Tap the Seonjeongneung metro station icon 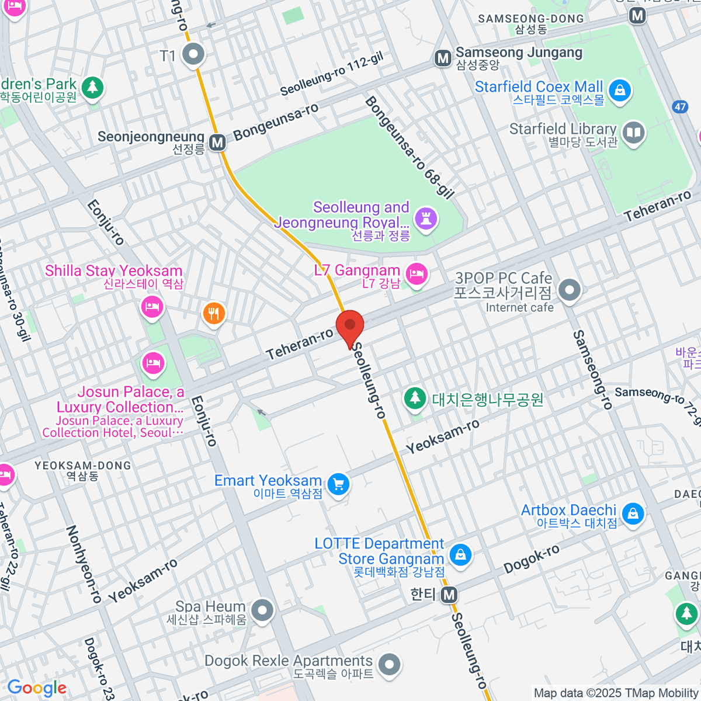pyautogui.click(x=218, y=143)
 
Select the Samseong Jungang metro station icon pyautogui.click(x=443, y=58)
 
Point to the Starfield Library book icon pyautogui.click(x=633, y=133)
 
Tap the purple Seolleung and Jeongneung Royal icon pyautogui.click(x=426, y=220)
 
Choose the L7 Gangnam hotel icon pyautogui.click(x=417, y=273)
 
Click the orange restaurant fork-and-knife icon pyautogui.click(x=214, y=314)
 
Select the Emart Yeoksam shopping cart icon pyautogui.click(x=338, y=484)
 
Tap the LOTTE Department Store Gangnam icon pyautogui.click(x=460, y=554)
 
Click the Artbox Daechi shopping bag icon pyautogui.click(x=633, y=514)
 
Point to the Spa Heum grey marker pyautogui.click(x=262, y=610)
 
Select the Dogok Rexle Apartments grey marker pyautogui.click(x=389, y=664)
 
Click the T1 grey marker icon pyautogui.click(x=193, y=55)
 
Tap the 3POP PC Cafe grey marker pyautogui.click(x=569, y=289)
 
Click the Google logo pyautogui.click(x=37, y=688)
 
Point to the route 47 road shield pyautogui.click(x=679, y=106)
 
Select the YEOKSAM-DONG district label pyautogui.click(x=82, y=470)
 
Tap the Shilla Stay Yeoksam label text pyautogui.click(x=114, y=271)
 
